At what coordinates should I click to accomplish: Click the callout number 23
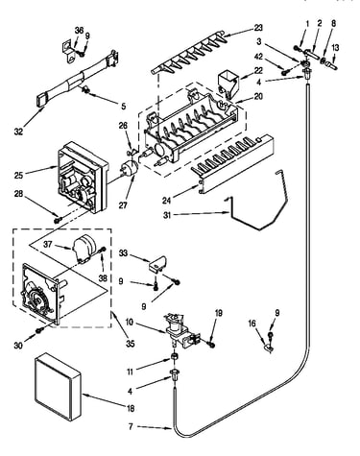coord(258,28)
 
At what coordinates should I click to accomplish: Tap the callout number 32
coord(18,132)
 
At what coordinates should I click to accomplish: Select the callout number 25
coord(18,175)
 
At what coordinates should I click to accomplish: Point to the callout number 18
coord(131,408)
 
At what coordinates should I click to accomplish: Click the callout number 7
coord(131,426)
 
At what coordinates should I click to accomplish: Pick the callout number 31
coord(167,215)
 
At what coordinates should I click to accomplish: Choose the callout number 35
coord(130,344)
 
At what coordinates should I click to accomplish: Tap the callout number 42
coord(258,57)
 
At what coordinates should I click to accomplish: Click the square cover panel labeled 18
coord(58,387)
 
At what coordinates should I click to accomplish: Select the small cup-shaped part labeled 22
coord(228,84)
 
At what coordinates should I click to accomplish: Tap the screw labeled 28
coord(59,220)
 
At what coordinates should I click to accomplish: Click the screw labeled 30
coord(40,329)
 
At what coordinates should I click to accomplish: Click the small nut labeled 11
coord(175,356)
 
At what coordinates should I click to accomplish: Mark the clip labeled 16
coord(268,348)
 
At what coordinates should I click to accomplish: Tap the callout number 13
coord(335,48)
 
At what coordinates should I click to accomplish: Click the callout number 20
coord(258,96)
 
